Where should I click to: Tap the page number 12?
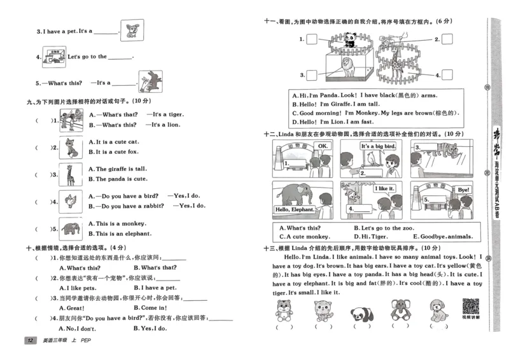pyautogui.click(x=29, y=342)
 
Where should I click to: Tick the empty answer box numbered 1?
pyautogui.click(x=311, y=39)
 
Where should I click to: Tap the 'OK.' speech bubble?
pyautogui.click(x=323, y=146)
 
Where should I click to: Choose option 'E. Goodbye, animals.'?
pyautogui.click(x=445, y=236)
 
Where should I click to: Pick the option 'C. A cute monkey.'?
pyautogui.click(x=305, y=236)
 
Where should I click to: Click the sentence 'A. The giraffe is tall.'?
pyautogui.click(x=117, y=169)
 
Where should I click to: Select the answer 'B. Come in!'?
pyautogui.click(x=150, y=307)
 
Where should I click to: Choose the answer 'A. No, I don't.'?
pyautogui.click(x=77, y=328)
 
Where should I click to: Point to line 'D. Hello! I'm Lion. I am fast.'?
pyautogui.click(x=336, y=121)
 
